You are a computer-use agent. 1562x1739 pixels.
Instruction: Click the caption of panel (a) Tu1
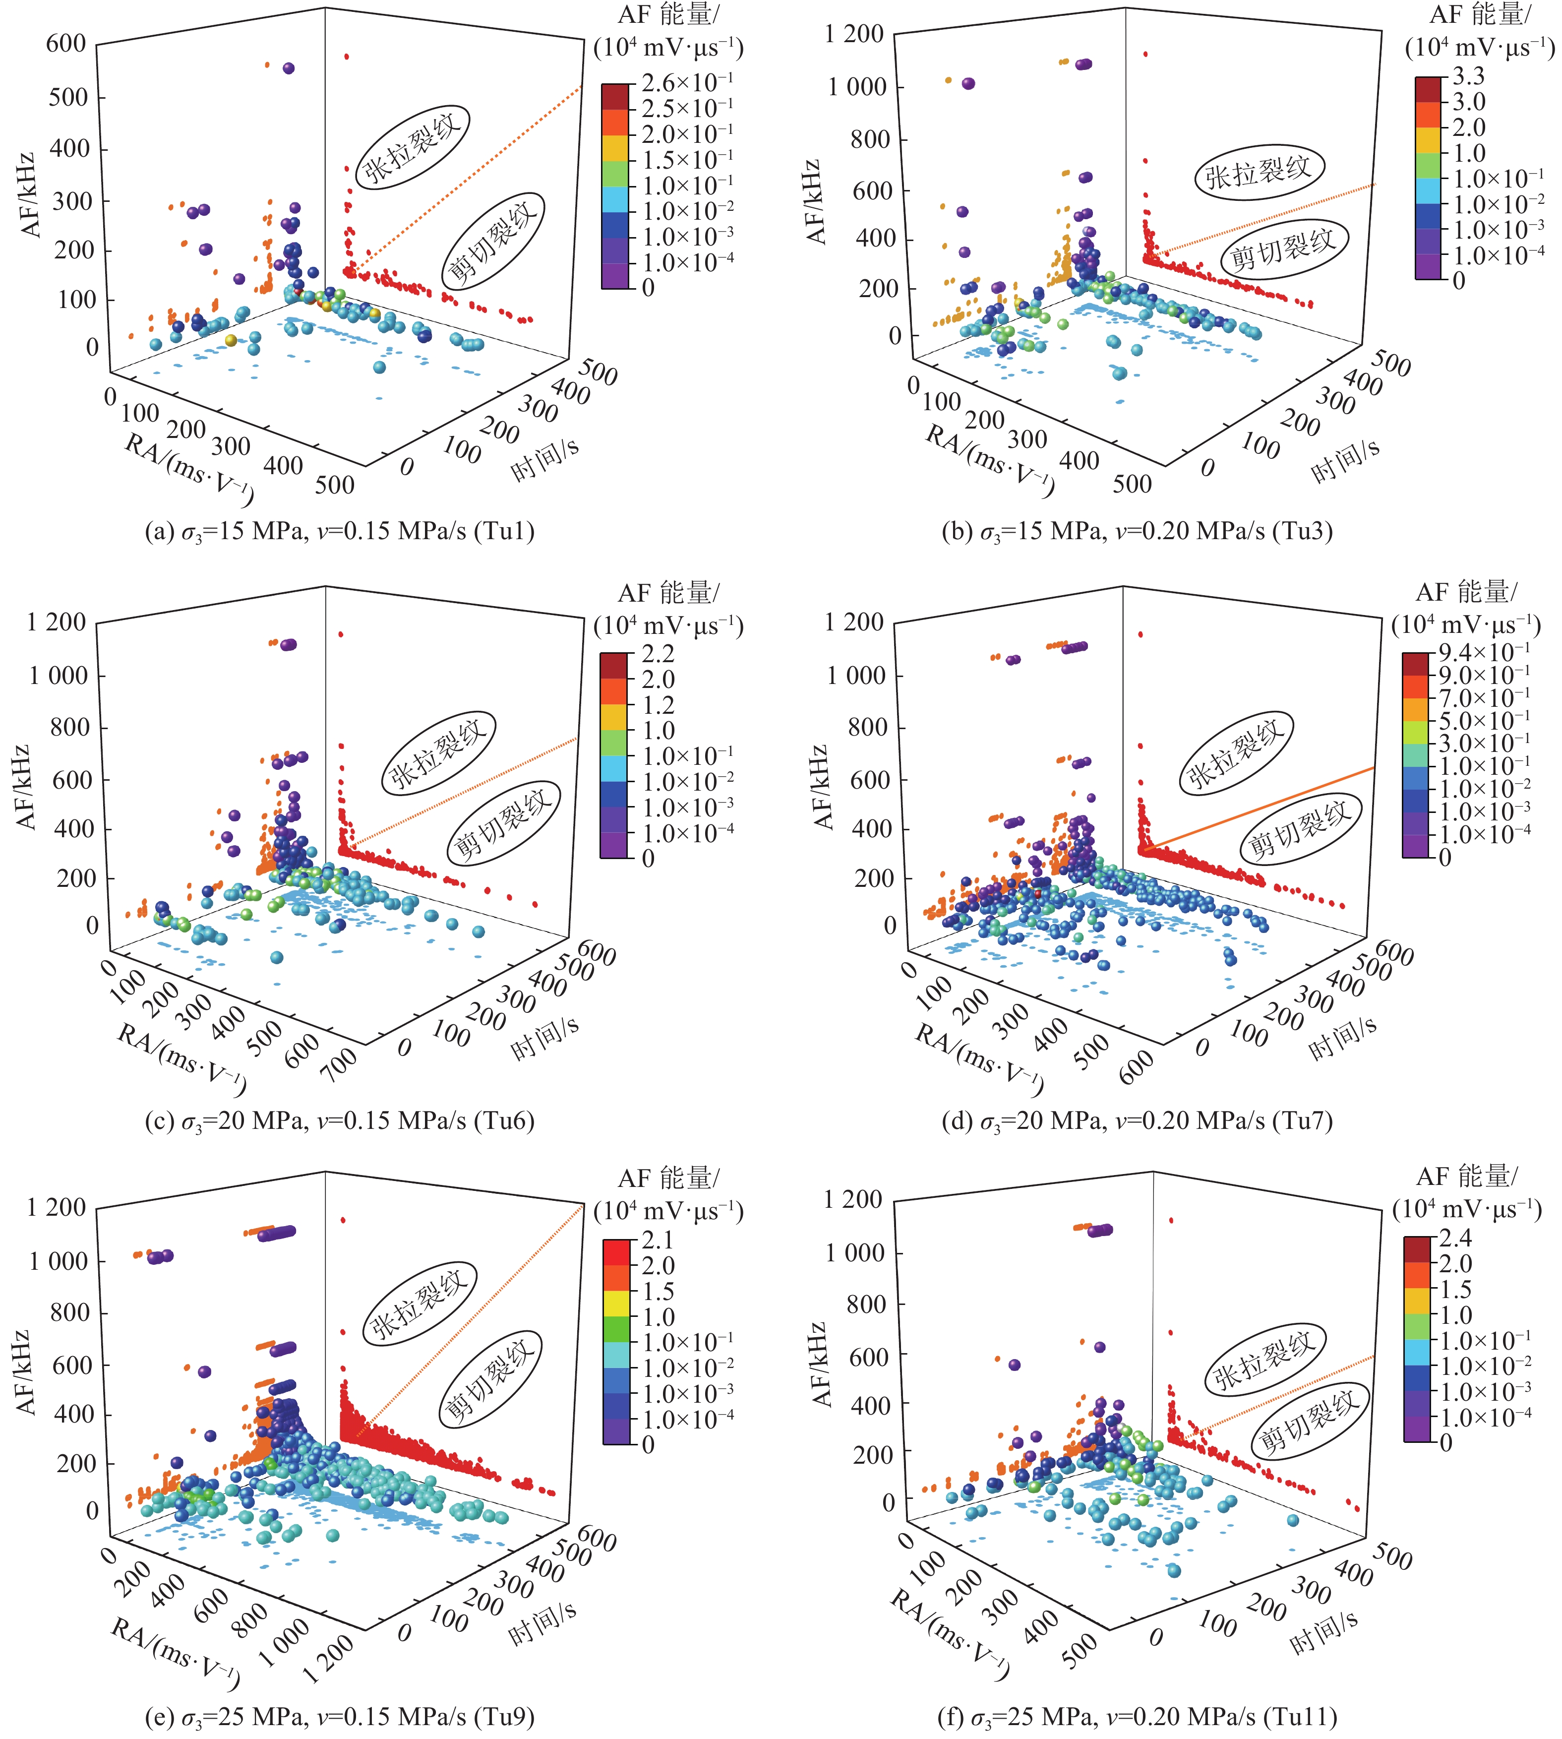point(340,531)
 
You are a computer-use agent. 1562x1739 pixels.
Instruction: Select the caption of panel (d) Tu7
point(1137,1120)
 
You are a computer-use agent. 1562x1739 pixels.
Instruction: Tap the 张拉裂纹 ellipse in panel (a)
point(413,145)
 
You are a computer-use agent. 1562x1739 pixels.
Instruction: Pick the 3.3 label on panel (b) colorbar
point(1468,76)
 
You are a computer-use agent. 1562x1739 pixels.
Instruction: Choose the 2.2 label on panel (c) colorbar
point(659,654)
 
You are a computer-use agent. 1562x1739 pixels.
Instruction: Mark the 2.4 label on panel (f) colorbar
point(1455,1238)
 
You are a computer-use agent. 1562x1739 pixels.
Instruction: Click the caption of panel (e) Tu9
point(340,1716)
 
